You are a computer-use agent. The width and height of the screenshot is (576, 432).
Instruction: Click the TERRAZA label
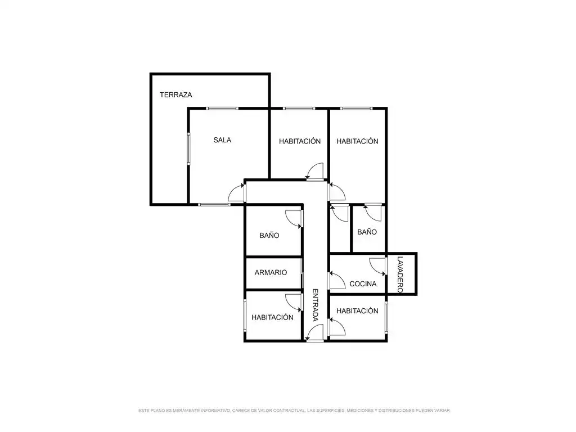pos(175,94)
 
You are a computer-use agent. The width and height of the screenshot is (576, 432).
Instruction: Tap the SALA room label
pos(222,140)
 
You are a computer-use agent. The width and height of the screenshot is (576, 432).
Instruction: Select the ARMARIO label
pos(271,273)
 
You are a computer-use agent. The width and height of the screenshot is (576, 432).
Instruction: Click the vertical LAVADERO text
pos(400,274)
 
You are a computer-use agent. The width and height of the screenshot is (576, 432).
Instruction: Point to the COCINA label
pos(363,284)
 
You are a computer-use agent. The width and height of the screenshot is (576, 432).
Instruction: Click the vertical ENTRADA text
pos(315,305)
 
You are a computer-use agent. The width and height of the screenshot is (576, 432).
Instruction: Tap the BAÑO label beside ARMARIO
pos(269,236)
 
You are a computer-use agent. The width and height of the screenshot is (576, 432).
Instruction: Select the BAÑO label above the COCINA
pos(367,232)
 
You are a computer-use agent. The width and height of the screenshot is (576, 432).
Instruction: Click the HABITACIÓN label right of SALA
pos(300,141)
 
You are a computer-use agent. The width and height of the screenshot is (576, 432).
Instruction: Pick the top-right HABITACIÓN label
pos(357,141)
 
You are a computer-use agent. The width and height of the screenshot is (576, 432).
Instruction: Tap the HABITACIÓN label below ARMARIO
pos(272,317)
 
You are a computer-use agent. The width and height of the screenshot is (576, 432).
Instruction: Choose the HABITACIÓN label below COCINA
pos(357,310)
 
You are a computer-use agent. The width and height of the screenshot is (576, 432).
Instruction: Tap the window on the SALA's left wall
pos(189,148)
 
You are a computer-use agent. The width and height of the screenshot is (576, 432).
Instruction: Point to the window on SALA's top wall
pos(222,109)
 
